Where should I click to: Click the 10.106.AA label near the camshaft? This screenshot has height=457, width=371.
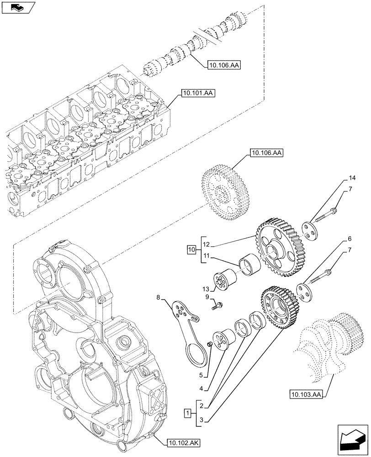(x=223, y=65)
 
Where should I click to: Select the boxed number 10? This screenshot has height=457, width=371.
(x=191, y=250)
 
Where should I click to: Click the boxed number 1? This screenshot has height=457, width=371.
(x=187, y=414)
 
